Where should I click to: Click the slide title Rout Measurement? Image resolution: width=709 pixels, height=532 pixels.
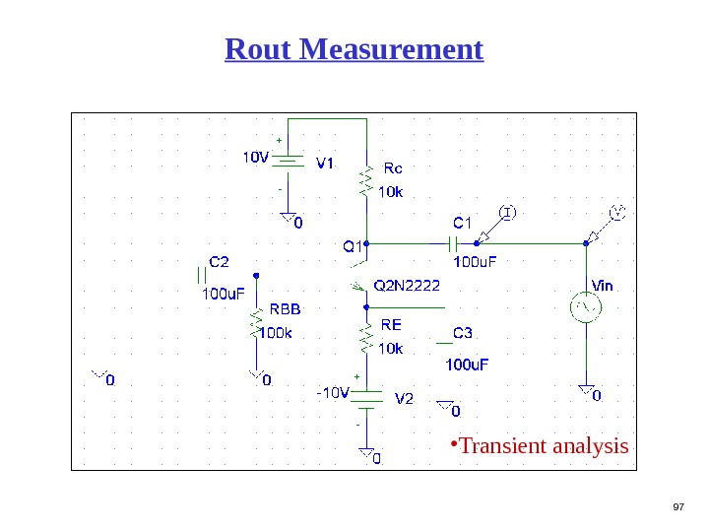354,49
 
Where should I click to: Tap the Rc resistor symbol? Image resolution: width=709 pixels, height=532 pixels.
366,181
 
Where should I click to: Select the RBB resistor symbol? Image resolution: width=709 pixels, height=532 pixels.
256,321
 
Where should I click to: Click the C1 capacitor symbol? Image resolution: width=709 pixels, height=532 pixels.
454,242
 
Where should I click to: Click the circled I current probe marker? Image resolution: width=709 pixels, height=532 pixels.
507,212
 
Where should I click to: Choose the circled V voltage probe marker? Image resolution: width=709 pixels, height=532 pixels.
618,212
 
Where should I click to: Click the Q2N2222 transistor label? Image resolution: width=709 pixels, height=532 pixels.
408,287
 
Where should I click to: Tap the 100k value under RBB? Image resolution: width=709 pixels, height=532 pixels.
277,332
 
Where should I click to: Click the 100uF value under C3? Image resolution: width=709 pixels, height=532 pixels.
466,365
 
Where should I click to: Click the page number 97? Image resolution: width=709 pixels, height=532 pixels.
677,506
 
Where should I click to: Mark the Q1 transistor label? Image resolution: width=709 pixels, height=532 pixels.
352,246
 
